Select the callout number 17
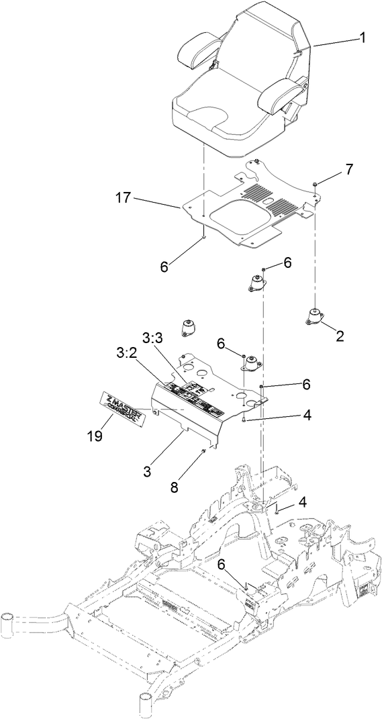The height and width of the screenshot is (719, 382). tap(124, 198)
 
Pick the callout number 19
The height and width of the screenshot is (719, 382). tap(95, 435)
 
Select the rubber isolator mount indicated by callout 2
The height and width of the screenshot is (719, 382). tap(314, 316)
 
